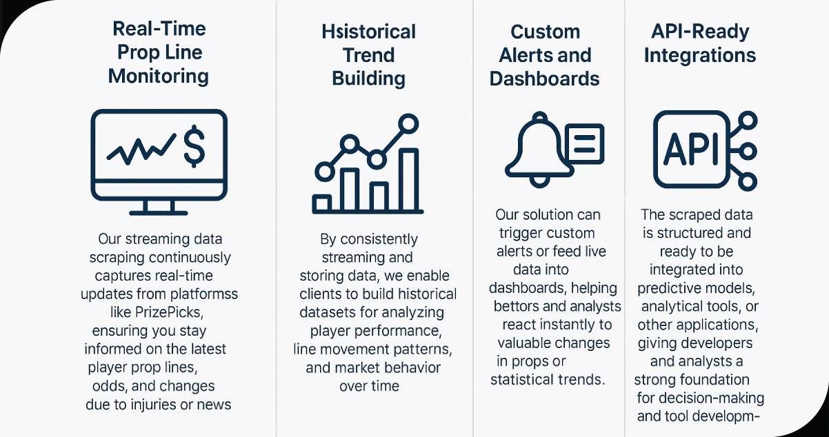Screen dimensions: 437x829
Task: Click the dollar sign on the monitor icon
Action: tap(195, 145)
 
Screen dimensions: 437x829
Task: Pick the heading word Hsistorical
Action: tap(368, 32)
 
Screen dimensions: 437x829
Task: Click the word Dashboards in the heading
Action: tap(544, 79)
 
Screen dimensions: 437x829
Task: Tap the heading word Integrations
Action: tap(699, 55)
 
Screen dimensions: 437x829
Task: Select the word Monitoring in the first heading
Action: tap(159, 76)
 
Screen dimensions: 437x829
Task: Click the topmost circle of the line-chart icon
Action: tap(409, 124)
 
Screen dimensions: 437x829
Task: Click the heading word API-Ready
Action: tap(699, 32)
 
